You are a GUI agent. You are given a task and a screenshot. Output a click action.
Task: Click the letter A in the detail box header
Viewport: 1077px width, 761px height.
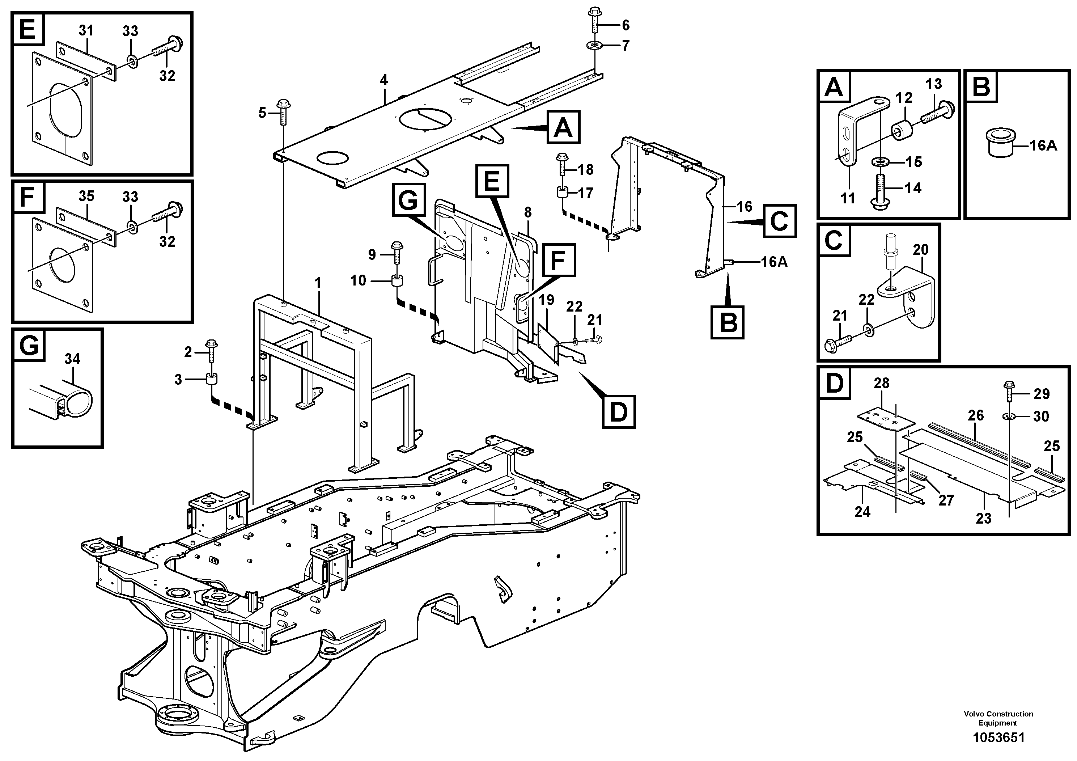(x=834, y=87)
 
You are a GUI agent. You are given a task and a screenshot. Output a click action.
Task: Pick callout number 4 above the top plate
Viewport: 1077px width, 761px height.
(x=384, y=80)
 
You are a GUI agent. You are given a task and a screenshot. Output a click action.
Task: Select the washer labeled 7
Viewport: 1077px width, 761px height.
(x=595, y=46)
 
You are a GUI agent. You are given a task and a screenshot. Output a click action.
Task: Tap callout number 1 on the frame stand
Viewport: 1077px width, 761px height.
(x=318, y=283)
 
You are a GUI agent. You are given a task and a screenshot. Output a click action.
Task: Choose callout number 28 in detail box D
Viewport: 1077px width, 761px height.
(x=881, y=383)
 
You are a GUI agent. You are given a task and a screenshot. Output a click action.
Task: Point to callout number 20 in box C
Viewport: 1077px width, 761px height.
(x=920, y=250)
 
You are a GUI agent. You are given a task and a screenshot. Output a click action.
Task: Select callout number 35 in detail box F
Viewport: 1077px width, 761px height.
(x=86, y=196)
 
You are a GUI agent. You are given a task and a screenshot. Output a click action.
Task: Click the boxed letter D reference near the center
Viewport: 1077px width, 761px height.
(x=619, y=412)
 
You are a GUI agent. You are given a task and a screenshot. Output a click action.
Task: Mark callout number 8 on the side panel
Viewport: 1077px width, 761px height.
(x=528, y=212)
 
